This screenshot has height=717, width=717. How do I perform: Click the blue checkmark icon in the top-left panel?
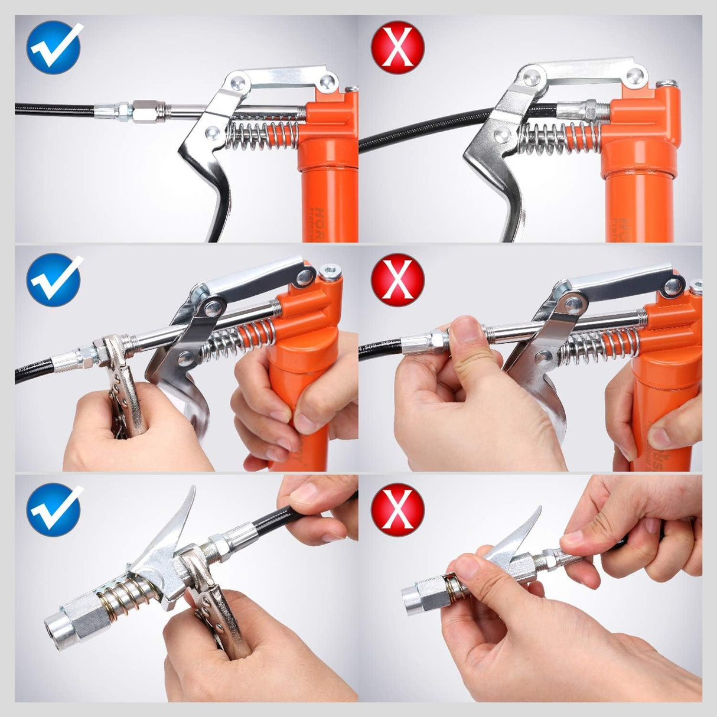tap(54, 47)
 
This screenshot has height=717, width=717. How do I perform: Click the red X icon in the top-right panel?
tap(397, 47)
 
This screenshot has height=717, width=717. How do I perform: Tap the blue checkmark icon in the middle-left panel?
tap(54, 279)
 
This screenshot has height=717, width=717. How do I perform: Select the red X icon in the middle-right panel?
tap(397, 279)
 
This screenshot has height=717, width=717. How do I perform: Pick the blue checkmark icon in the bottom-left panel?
tap(54, 509)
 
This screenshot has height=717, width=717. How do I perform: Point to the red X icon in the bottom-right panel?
tap(397, 509)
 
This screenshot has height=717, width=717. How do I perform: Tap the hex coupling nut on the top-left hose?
tap(143, 110)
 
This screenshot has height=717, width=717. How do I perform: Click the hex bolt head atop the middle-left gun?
tap(330, 273)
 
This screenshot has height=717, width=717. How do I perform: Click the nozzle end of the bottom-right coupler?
tap(412, 597)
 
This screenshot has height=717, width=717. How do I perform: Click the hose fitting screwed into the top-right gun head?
tap(581, 110)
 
